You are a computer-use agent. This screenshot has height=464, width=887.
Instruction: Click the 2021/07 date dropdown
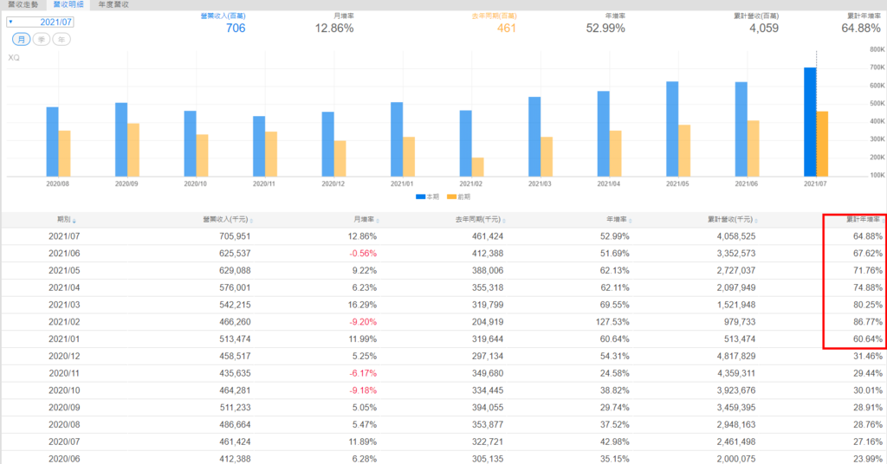click(41, 22)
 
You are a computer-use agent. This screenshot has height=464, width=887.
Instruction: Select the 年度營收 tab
click(114, 5)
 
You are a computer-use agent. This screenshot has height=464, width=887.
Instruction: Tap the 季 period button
click(42, 40)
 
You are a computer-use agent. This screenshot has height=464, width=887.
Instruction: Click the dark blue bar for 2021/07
click(810, 122)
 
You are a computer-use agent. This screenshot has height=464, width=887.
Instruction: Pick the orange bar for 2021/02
click(477, 167)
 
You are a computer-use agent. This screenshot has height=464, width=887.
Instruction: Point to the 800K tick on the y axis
click(876, 50)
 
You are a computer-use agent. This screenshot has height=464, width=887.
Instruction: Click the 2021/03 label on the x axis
click(541, 184)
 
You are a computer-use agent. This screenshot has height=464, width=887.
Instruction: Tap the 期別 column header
click(66, 220)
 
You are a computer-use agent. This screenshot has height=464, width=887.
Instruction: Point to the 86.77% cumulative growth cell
click(867, 320)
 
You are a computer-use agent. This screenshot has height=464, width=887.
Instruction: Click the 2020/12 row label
click(66, 355)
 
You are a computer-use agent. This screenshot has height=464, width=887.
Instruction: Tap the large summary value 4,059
click(763, 29)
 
